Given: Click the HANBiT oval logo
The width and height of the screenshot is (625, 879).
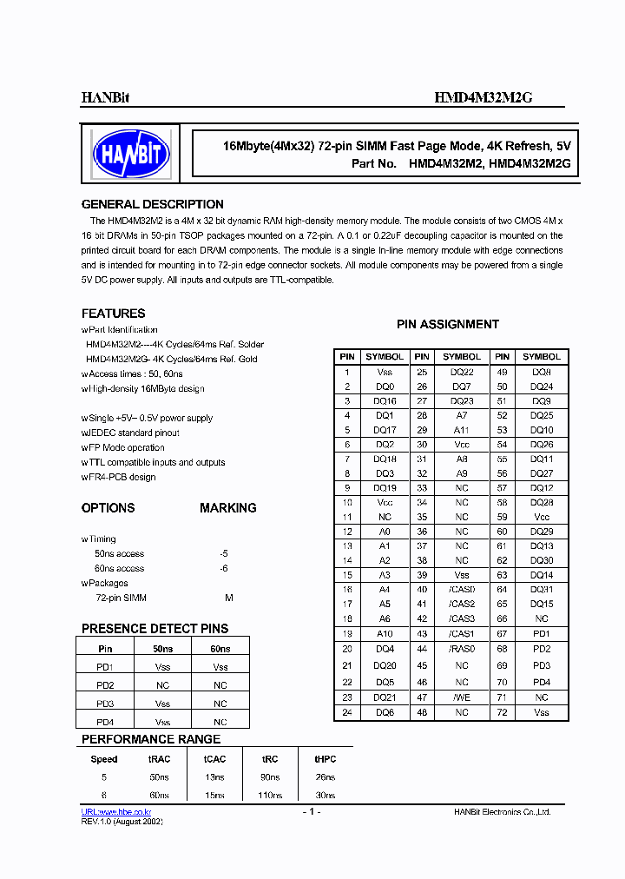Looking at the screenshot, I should pyautogui.click(x=131, y=155).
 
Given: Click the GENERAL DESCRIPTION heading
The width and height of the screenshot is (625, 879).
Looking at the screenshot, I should pyautogui.click(x=152, y=204).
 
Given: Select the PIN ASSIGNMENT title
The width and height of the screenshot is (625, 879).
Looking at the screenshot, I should pyautogui.click(x=448, y=324).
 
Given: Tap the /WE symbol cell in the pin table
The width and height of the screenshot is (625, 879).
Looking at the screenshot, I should pyautogui.click(x=461, y=697).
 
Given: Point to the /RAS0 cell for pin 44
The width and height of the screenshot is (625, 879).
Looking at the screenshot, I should pyautogui.click(x=461, y=649).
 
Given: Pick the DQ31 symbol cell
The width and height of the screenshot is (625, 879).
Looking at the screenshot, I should pyautogui.click(x=542, y=589).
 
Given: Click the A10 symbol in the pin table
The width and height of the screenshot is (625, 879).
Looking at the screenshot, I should pyautogui.click(x=385, y=634).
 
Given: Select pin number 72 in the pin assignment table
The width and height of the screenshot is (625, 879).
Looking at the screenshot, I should pyautogui.click(x=502, y=712).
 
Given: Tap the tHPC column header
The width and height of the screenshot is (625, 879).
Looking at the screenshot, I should pyautogui.click(x=325, y=758).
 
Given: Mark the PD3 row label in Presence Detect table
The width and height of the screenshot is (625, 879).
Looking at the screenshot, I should pyautogui.click(x=105, y=704).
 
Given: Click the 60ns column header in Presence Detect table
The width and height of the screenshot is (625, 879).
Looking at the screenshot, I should pyautogui.click(x=220, y=649).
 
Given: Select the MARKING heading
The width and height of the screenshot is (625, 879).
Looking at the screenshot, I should pyautogui.click(x=227, y=508).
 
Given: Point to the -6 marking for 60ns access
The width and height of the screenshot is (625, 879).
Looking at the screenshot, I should pyautogui.click(x=224, y=568).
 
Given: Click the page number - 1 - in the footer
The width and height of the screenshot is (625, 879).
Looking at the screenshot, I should pyautogui.click(x=312, y=811).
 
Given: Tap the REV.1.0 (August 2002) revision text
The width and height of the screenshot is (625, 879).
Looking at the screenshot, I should pyautogui.click(x=122, y=821).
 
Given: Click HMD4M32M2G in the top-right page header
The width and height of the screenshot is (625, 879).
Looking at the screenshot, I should pyautogui.click(x=483, y=99).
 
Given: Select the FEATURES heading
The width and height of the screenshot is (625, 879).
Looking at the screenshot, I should pyautogui.click(x=113, y=313).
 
